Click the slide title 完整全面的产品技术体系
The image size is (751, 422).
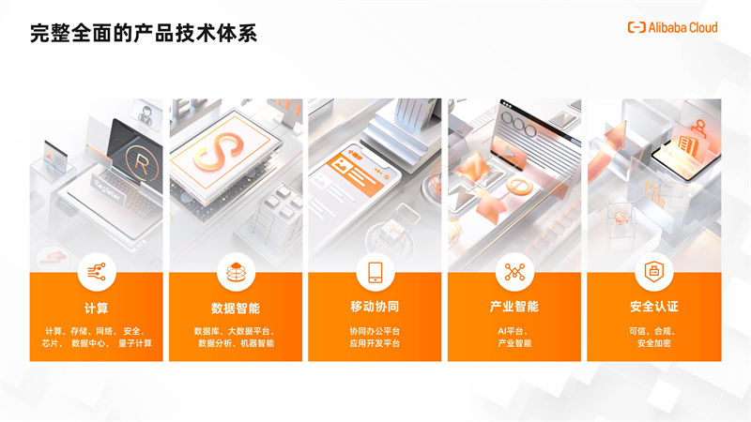tap(144, 33)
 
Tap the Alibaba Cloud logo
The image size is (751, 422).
tap(672, 27)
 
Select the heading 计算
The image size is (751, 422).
tap(97, 308)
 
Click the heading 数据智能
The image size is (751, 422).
tap(236, 308)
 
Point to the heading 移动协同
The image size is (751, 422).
tap(375, 307)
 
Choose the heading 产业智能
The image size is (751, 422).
tap(514, 307)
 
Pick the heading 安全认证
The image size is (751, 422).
tap(654, 307)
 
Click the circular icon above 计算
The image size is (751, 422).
tap(97, 272)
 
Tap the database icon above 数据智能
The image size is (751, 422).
tap(236, 272)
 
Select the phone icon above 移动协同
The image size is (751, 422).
tap(375, 272)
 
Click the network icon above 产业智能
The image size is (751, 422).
tap(514, 272)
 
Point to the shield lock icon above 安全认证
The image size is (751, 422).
tap(654, 272)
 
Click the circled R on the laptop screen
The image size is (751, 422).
tap(142, 163)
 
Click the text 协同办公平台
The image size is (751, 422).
tap(375, 331)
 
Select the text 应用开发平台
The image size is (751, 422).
tap(375, 343)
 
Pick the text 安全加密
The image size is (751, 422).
tap(654, 343)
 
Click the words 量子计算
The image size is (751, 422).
tap(135, 343)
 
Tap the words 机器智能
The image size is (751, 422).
tap(257, 343)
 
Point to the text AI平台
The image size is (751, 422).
tap(510, 331)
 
